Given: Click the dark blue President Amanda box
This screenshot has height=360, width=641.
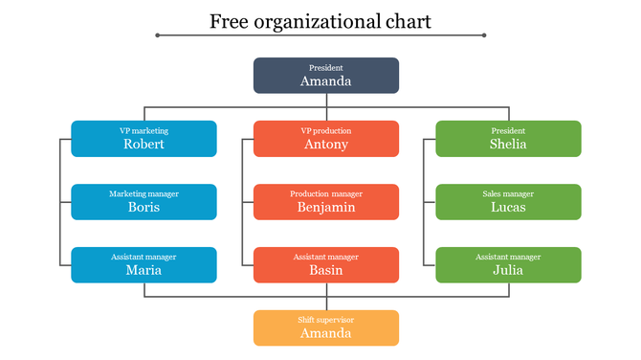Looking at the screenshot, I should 325,76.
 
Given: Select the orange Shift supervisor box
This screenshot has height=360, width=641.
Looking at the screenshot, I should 325,327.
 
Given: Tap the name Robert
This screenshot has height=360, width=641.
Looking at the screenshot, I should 144,145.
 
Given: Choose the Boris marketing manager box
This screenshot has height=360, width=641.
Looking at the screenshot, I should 144,201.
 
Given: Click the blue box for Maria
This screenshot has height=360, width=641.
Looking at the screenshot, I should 144,264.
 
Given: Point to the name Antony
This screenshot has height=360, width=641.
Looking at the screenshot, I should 325,145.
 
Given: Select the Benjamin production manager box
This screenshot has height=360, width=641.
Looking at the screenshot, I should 325,201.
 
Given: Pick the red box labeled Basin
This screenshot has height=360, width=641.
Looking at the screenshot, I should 325,264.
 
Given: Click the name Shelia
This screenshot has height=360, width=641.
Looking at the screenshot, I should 508,145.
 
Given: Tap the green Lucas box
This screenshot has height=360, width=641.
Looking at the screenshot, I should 508,201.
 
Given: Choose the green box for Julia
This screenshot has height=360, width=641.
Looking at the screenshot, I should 508,264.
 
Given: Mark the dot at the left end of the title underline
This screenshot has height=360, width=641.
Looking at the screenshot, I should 158,35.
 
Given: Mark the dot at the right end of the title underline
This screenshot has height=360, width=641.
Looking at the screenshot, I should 484,35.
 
